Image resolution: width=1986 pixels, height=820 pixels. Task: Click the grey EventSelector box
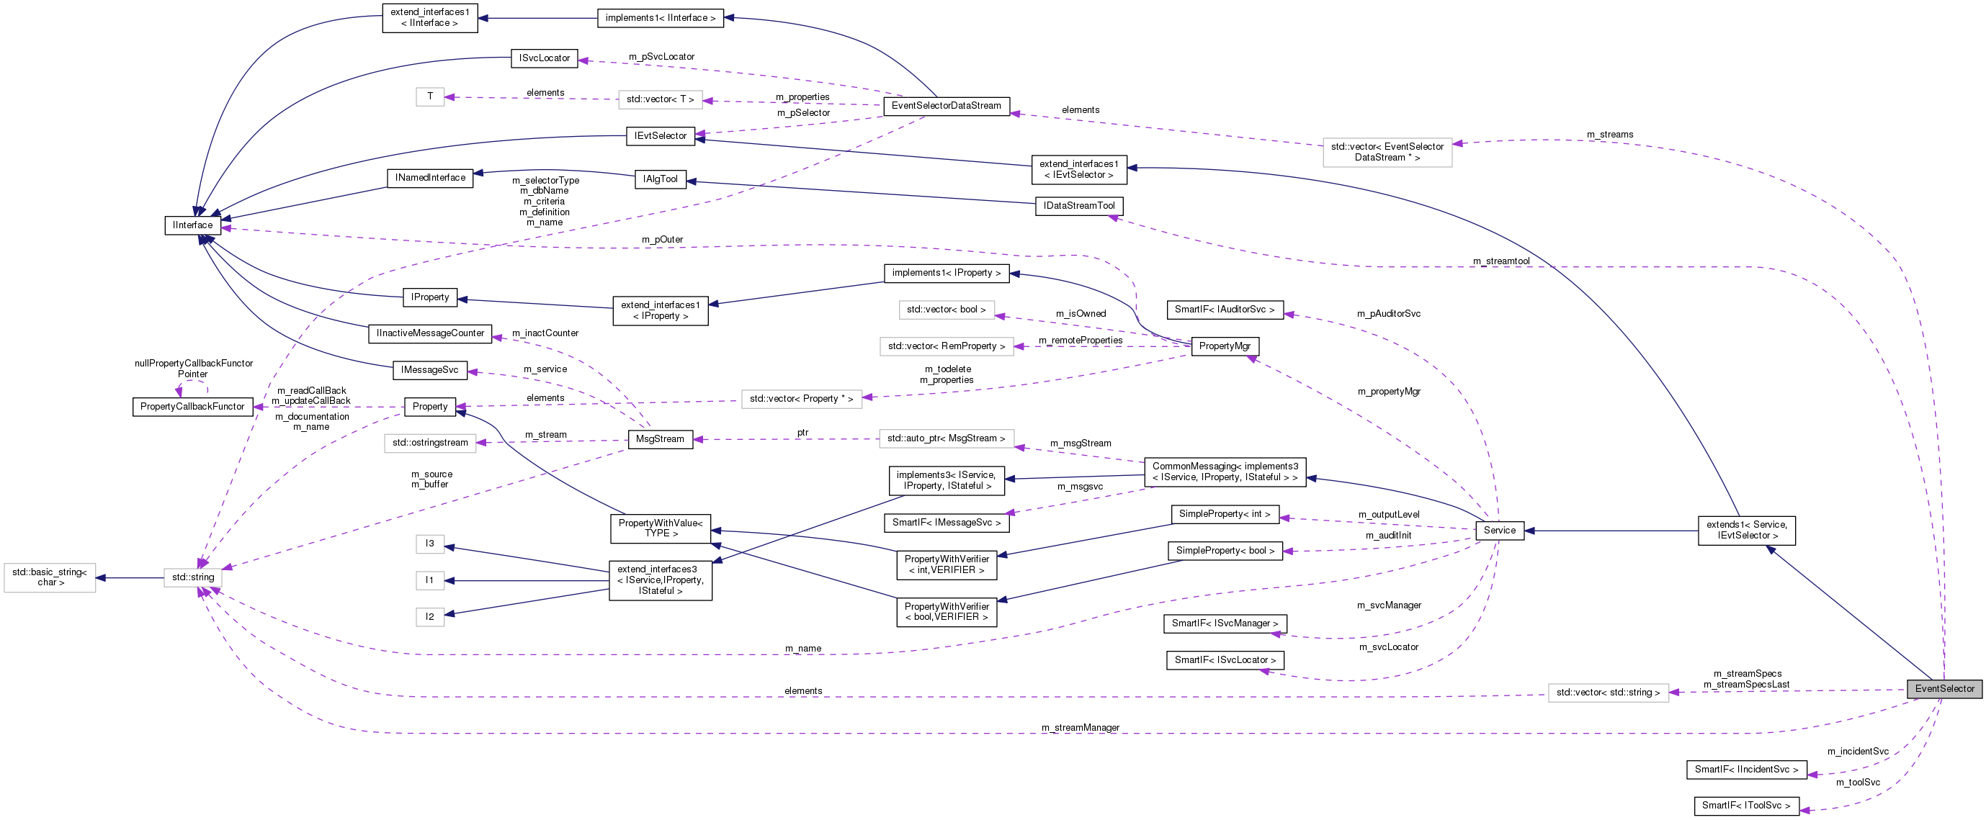pyautogui.click(x=1943, y=689)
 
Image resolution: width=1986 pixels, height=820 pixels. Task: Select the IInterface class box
pyautogui.click(x=193, y=225)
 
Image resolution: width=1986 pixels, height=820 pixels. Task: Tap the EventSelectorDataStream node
pyautogui.click(x=946, y=106)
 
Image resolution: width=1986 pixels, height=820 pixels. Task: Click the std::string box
pyautogui.click(x=193, y=577)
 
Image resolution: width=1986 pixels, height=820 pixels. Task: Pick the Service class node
pyautogui.click(x=1499, y=530)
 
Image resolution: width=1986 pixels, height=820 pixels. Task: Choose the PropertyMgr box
pyautogui.click(x=1225, y=346)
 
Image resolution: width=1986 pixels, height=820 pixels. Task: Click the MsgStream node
pyautogui.click(x=660, y=439)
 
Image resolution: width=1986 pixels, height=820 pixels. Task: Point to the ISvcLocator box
pyautogui.click(x=545, y=58)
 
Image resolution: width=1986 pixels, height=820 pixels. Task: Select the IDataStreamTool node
pyautogui.click(x=1078, y=206)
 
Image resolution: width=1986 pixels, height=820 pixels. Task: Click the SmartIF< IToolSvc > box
pyautogui.click(x=1746, y=806)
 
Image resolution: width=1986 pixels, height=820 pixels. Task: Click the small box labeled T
pyautogui.click(x=429, y=96)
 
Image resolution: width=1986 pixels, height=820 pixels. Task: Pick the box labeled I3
pyautogui.click(x=429, y=544)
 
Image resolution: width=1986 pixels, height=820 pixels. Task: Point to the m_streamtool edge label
pyautogui.click(x=1501, y=261)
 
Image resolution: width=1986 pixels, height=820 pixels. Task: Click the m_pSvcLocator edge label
pyautogui.click(x=661, y=57)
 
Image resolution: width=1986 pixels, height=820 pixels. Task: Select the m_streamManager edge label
pyautogui.click(x=1080, y=728)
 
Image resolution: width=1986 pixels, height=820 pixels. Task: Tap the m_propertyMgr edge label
pyautogui.click(x=1389, y=392)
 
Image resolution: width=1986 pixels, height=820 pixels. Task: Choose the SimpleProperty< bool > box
pyautogui.click(x=1225, y=551)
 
